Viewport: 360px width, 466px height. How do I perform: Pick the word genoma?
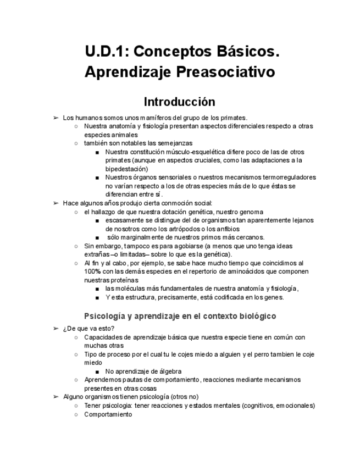click(x=250, y=212)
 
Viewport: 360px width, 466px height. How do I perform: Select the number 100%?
click(x=91, y=271)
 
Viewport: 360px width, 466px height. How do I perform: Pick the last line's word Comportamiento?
click(x=108, y=414)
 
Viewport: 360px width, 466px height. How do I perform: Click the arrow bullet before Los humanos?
click(x=56, y=118)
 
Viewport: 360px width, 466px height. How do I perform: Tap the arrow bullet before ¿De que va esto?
click(x=56, y=329)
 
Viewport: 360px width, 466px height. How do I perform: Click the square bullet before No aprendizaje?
click(x=97, y=371)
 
